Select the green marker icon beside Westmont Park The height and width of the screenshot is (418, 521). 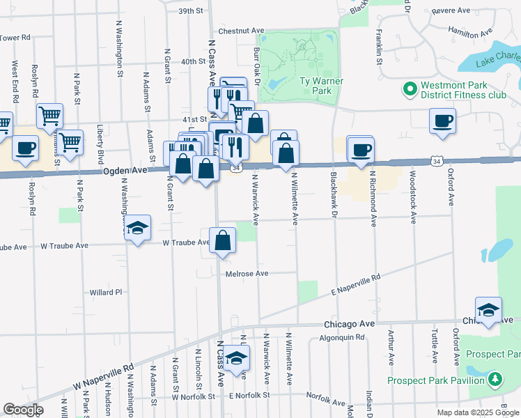click(409, 89)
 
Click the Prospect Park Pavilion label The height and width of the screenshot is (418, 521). click(436, 380)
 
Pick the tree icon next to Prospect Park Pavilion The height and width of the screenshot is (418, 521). click(495, 380)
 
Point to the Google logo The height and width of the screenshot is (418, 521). click(23, 410)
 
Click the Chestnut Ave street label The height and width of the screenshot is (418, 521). click(241, 31)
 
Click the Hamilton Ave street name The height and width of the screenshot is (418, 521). click(471, 33)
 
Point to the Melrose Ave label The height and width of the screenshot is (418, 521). click(247, 274)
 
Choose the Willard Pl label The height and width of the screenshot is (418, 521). click(106, 292)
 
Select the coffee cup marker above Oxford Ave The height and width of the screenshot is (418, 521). click(442, 121)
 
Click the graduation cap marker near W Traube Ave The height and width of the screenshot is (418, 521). click(138, 227)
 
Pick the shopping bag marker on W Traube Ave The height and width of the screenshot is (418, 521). click(221, 241)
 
